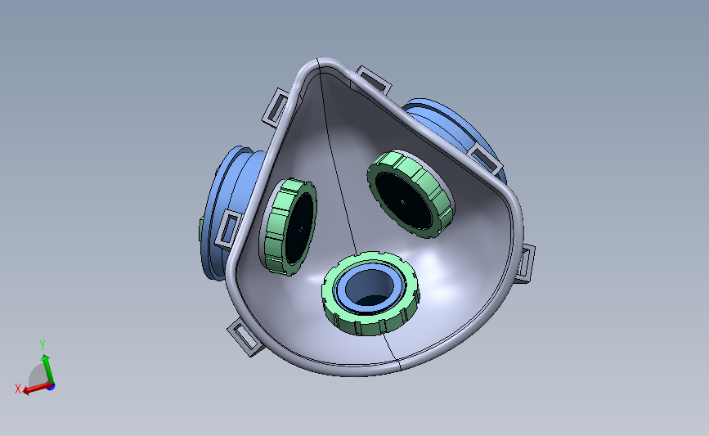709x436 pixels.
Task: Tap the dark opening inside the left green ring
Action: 300,228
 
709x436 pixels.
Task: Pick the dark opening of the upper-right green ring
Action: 402,200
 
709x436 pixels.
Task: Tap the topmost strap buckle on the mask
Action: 374,79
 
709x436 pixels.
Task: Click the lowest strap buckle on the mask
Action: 245,337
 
